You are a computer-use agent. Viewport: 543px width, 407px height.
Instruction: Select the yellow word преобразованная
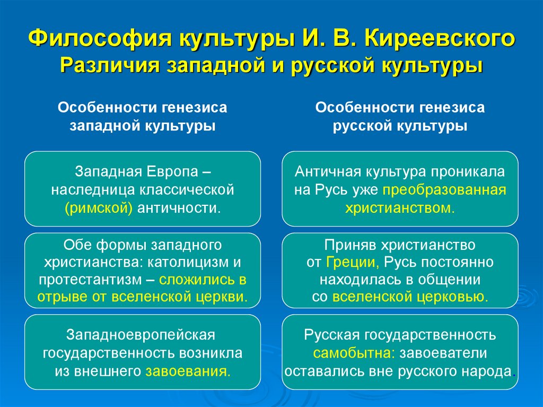click(x=446, y=190)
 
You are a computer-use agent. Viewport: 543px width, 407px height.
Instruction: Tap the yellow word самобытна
click(x=354, y=353)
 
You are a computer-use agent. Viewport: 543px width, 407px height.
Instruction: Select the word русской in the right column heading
click(x=357, y=126)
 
